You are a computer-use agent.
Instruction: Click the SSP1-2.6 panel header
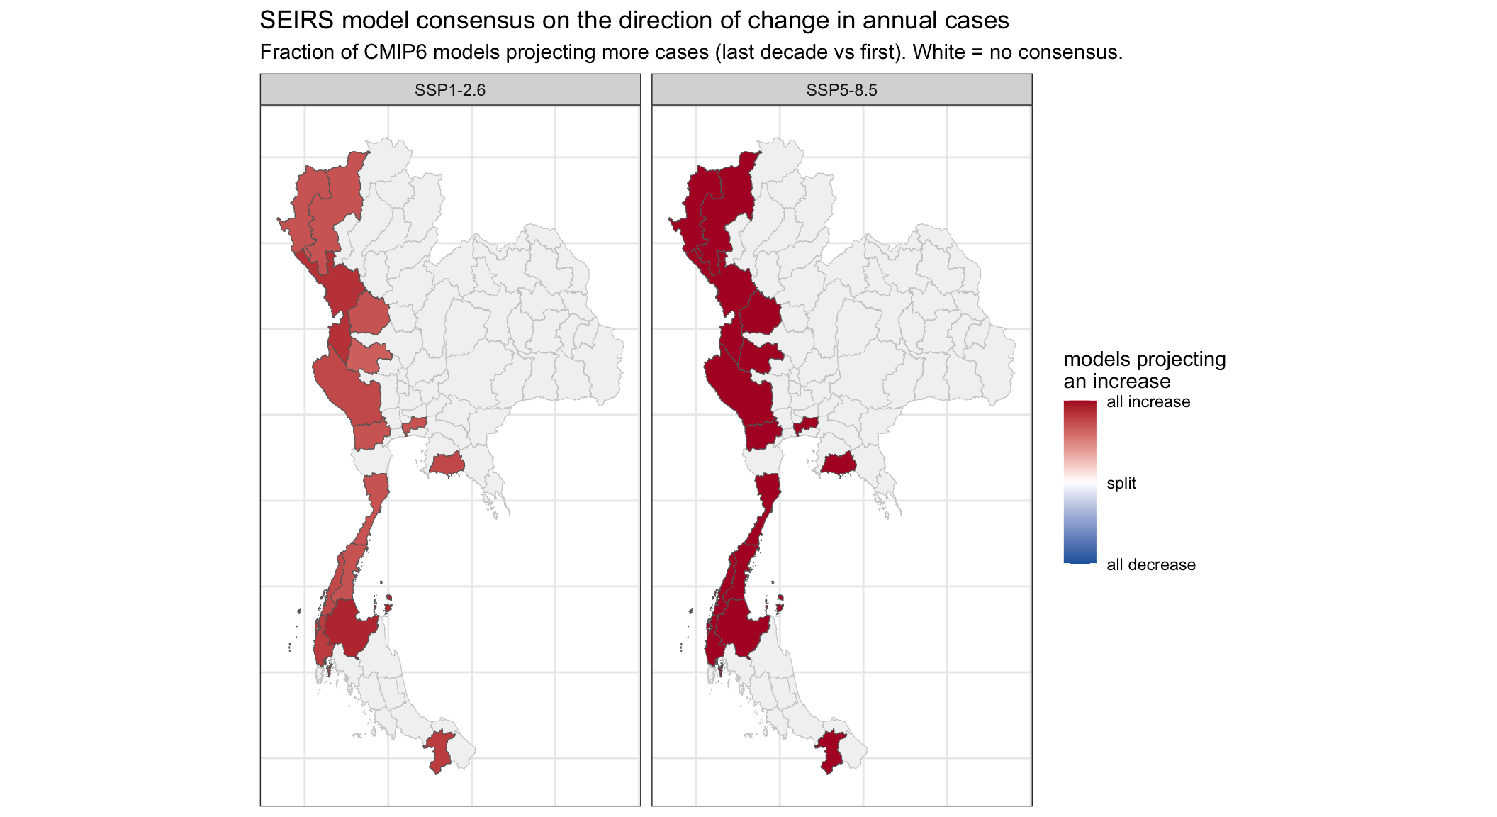tap(450, 90)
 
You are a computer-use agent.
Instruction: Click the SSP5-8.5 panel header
tap(841, 90)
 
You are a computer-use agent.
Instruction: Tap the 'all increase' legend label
tap(1148, 401)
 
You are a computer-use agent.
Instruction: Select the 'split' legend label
tap(1121, 483)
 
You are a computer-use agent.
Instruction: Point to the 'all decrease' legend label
tap(1151, 565)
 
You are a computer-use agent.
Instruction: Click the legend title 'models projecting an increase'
tap(1145, 369)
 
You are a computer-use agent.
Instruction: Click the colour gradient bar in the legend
tap(1080, 482)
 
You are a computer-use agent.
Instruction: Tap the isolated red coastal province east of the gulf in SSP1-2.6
tap(447, 465)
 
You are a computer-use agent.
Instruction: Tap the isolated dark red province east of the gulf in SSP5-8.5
tap(839, 465)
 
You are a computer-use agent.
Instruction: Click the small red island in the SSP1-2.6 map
tap(388, 604)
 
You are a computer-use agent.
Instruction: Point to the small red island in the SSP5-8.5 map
tap(780, 604)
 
